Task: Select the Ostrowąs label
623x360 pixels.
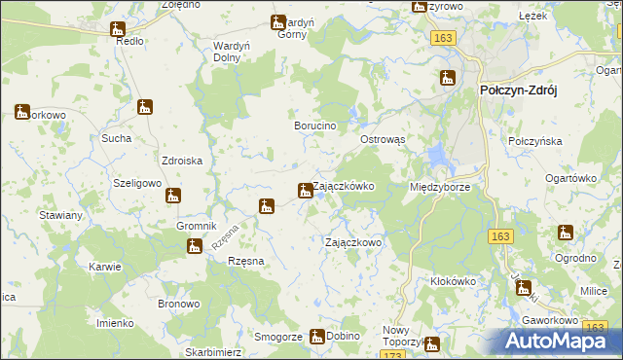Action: (389, 140)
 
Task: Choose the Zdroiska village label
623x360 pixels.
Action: (181, 162)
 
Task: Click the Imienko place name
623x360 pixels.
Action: (115, 322)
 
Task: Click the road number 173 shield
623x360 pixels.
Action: (394, 356)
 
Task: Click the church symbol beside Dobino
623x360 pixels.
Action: (316, 337)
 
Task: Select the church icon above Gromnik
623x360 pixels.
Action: (172, 196)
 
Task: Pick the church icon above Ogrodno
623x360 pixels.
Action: (566, 233)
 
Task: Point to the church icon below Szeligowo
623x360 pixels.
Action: (172, 196)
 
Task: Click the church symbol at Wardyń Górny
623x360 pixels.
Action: (278, 22)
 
